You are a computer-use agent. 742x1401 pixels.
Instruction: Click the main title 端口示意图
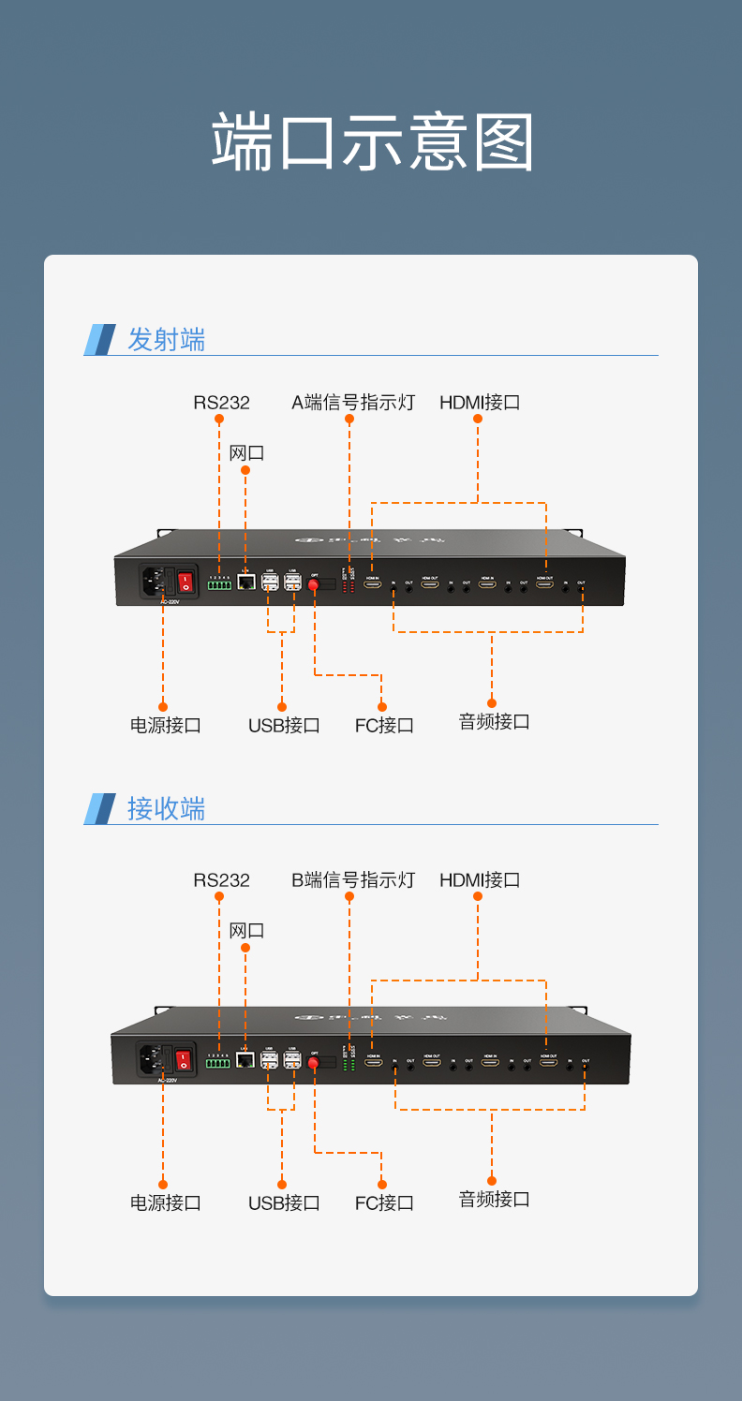pos(372,142)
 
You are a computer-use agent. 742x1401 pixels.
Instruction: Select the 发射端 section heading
pos(166,339)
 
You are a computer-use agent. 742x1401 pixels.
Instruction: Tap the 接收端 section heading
pos(166,808)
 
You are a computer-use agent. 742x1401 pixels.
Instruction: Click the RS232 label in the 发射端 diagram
pos(221,403)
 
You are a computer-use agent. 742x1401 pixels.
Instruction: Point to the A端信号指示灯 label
pos(352,403)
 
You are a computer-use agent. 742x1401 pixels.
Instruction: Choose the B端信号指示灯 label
pos(352,880)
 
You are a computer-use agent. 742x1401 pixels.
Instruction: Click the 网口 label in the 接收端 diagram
pos(246,931)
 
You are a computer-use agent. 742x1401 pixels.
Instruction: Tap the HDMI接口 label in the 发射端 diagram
pos(480,403)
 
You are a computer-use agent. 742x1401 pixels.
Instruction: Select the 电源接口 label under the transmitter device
pos(165,725)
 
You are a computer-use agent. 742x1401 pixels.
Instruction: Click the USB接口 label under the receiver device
pos(284,1202)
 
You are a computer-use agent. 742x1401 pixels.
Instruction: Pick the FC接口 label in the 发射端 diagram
pos(384,725)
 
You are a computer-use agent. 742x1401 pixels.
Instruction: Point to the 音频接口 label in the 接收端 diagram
pos(494,1199)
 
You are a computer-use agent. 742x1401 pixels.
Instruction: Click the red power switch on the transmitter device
pos(185,583)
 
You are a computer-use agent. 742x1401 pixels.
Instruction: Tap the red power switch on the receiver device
pos(183,1060)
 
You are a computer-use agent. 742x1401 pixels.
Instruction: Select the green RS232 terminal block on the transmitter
pos(219,585)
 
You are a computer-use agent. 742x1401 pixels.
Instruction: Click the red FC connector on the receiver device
pos(314,1063)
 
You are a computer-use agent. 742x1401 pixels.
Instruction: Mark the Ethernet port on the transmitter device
pos(246,583)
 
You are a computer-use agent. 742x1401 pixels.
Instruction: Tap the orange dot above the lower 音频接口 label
pos(492,1180)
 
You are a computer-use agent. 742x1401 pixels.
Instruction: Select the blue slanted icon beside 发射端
pos(100,339)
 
